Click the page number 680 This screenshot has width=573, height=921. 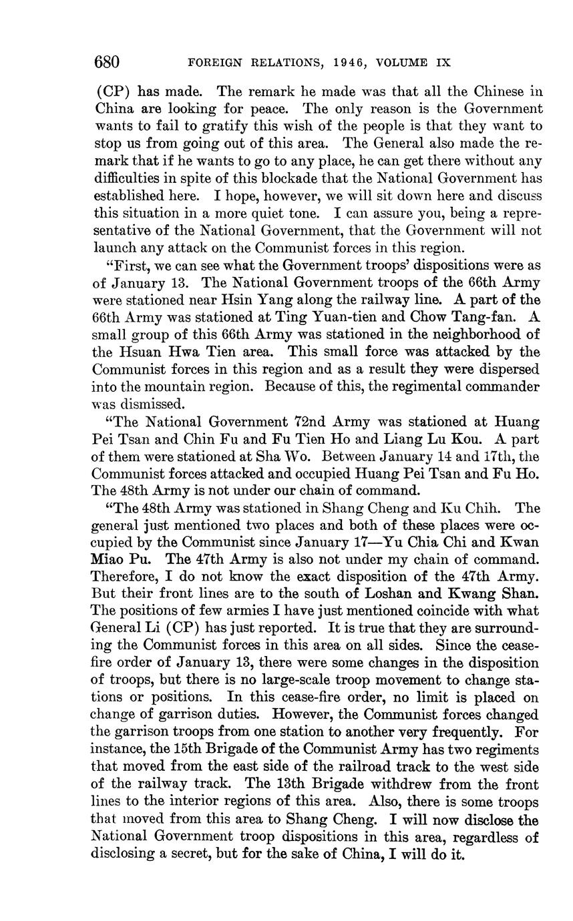coord(107,63)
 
